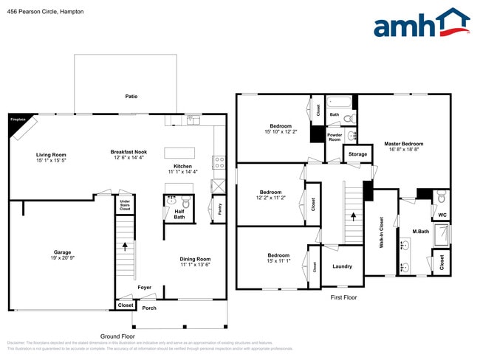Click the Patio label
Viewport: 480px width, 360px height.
pos(131,96)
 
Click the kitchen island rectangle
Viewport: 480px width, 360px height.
pos(185,153)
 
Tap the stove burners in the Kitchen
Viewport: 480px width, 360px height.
pos(219,162)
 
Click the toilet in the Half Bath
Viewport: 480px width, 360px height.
pos(186,201)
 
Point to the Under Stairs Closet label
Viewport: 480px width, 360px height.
pos(125,204)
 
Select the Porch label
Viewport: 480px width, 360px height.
pos(149,308)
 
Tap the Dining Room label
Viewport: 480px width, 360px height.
pos(195,259)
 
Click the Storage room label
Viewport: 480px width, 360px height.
pos(357,154)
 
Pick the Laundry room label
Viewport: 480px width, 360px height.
pos(342,266)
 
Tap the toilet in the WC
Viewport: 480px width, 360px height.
pos(441,198)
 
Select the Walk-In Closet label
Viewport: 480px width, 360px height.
pos(381,232)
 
